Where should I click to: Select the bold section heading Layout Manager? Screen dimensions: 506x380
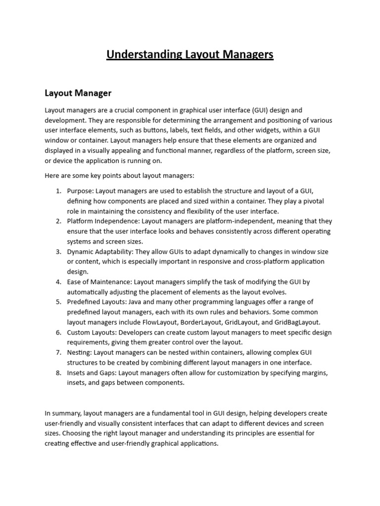coord(78,93)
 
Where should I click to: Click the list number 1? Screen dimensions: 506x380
coord(58,191)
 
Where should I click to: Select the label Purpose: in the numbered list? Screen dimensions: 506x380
coord(80,191)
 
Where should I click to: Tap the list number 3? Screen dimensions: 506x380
coord(58,252)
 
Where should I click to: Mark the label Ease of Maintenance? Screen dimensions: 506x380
coord(99,282)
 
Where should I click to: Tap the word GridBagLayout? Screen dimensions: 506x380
coord(291,322)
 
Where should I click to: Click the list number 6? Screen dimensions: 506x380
coord(58,333)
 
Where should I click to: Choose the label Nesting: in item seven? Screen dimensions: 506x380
coord(79,353)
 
